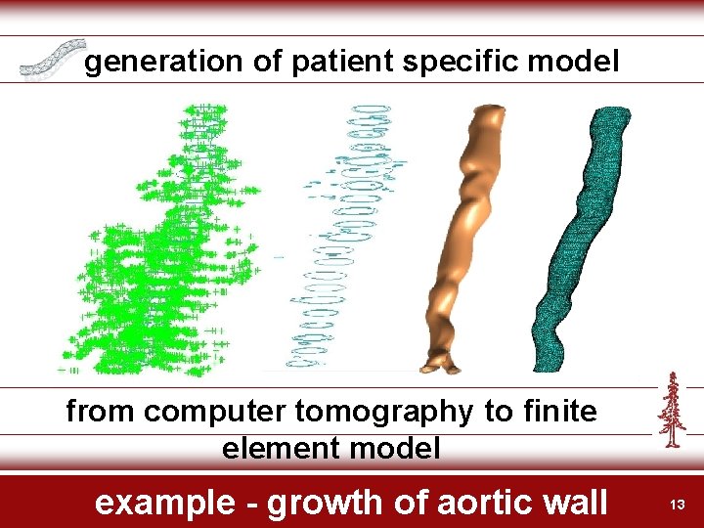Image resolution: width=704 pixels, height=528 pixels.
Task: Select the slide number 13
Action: coord(676,504)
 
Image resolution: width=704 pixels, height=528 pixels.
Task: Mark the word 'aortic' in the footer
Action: coord(476,503)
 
